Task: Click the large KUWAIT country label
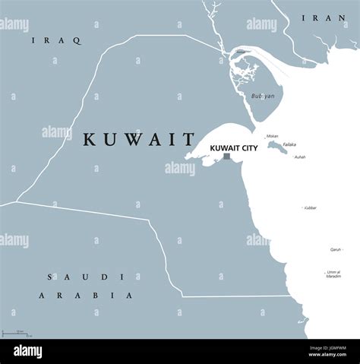(x=139, y=139)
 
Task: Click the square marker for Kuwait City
(x=226, y=157)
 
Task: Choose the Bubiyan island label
(x=262, y=96)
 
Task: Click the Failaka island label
(x=290, y=144)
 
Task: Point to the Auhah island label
(x=300, y=157)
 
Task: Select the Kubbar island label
(x=310, y=207)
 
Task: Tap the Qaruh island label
(x=335, y=248)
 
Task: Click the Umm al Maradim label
(x=333, y=274)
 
